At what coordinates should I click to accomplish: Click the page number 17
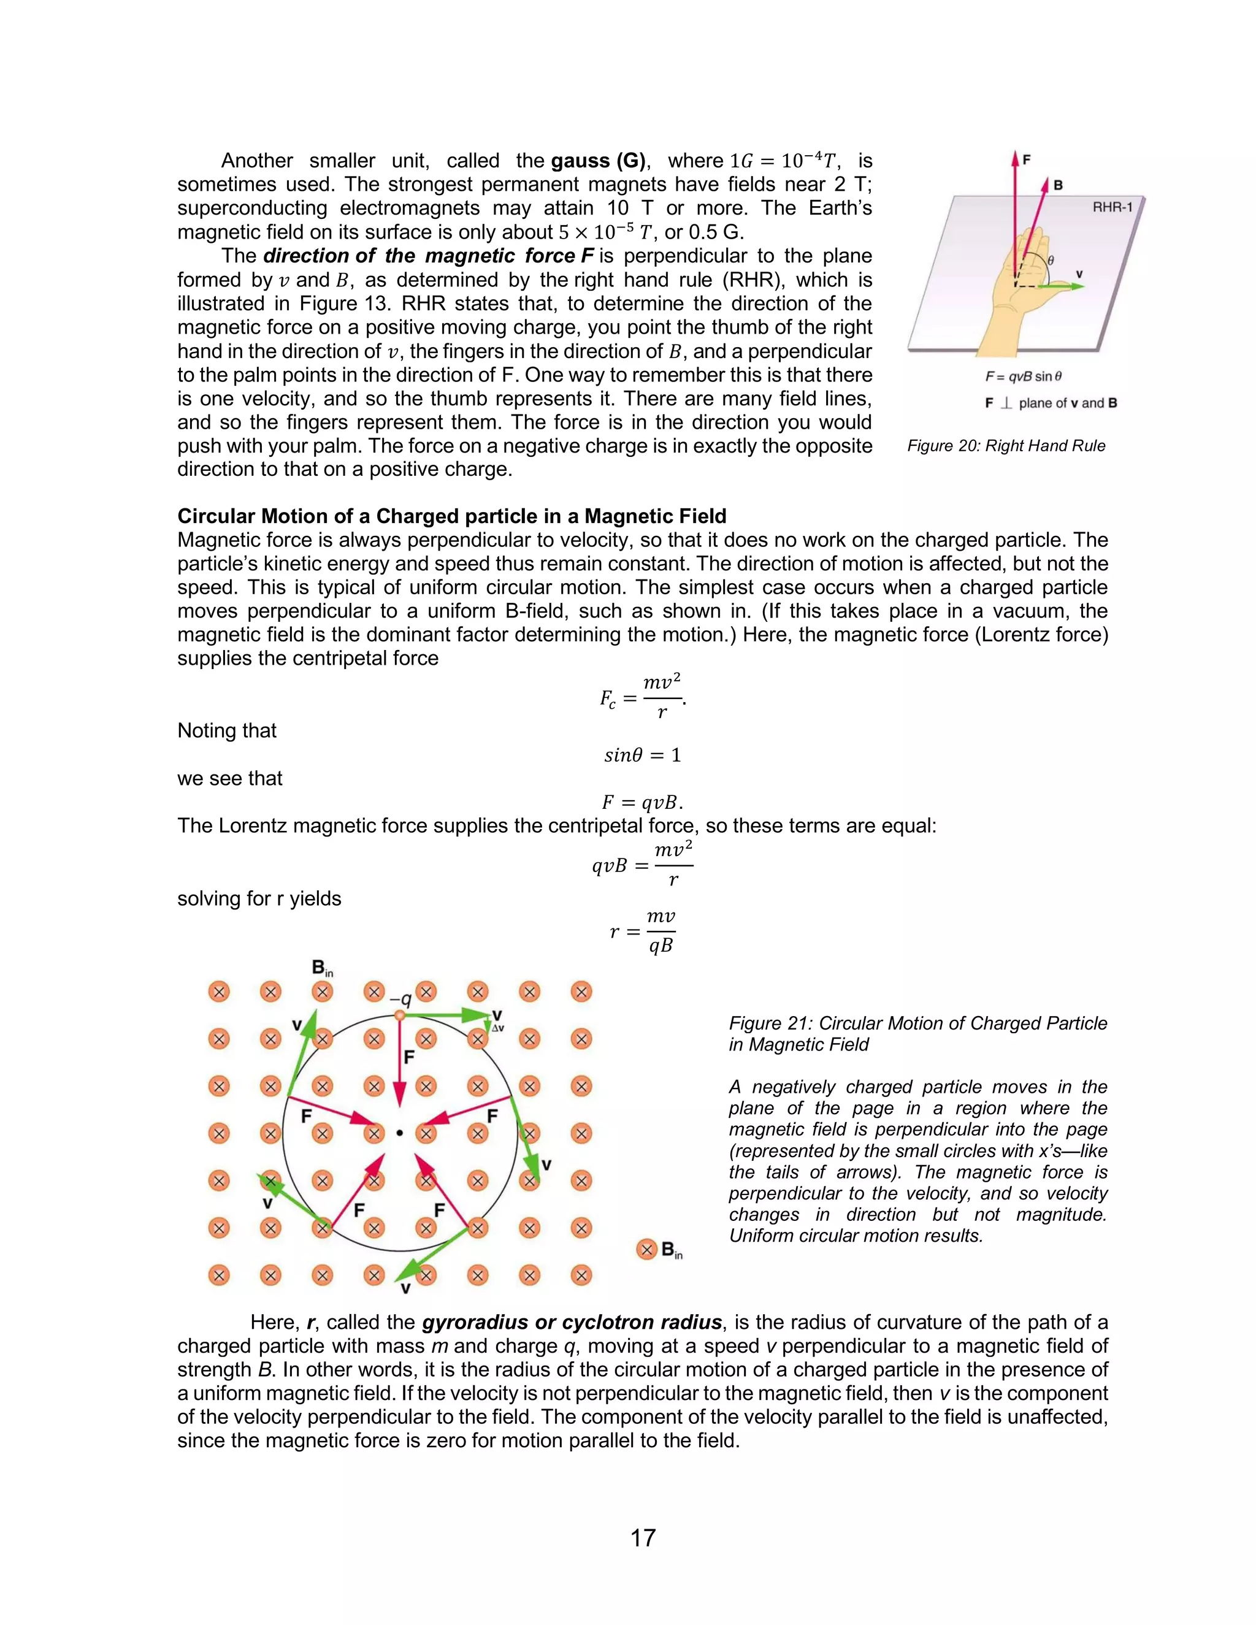[x=642, y=1538]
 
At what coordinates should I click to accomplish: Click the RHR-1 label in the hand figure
[x=1112, y=207]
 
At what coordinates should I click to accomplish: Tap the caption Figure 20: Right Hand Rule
[x=1006, y=446]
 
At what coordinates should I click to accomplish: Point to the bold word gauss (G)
[x=600, y=161]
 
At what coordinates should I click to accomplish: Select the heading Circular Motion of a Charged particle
[x=451, y=516]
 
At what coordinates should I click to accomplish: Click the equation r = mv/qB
[x=642, y=931]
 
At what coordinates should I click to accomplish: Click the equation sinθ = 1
[x=642, y=755]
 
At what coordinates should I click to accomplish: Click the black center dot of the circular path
[x=400, y=1133]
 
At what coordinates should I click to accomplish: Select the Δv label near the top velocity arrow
[x=498, y=1028]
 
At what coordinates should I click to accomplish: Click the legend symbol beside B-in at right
[x=646, y=1249]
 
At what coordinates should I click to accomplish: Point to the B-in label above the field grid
[x=322, y=968]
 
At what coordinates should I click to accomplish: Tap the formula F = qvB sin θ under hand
[x=1023, y=377]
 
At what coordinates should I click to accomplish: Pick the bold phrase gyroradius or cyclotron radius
[x=572, y=1322]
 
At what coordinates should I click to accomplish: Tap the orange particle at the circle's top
[x=400, y=1015]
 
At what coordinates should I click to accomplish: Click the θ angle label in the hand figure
[x=1051, y=261]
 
